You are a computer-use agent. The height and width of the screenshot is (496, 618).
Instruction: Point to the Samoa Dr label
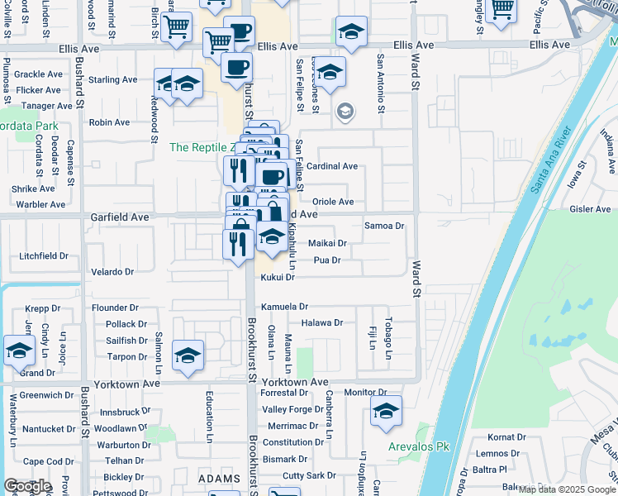click(384, 226)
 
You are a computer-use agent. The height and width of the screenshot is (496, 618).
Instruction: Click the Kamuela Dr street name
click(284, 307)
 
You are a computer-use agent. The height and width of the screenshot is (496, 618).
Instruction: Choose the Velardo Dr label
click(112, 272)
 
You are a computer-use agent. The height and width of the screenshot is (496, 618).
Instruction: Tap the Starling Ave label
click(112, 80)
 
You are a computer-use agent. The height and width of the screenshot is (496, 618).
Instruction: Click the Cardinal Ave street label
click(332, 166)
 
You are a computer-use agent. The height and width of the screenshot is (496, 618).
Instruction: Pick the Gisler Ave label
click(590, 209)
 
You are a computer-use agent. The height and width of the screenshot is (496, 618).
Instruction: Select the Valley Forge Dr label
click(292, 410)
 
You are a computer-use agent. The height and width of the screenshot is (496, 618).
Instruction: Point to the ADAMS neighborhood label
click(219, 479)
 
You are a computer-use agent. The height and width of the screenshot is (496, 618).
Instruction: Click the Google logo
click(27, 486)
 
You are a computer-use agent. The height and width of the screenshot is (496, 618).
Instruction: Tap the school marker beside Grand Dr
click(19, 351)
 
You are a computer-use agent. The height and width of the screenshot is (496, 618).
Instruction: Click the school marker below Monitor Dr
click(386, 410)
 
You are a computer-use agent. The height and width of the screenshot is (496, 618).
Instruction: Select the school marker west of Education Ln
click(188, 355)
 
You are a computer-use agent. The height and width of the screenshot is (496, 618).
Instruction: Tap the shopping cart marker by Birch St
click(177, 26)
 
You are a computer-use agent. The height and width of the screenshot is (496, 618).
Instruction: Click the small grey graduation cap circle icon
click(345, 111)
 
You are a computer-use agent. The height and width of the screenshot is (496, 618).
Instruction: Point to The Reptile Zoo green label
click(202, 147)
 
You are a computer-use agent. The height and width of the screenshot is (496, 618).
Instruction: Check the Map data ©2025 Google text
click(567, 489)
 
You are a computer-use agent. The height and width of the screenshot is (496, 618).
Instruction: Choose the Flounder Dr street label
click(115, 308)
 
